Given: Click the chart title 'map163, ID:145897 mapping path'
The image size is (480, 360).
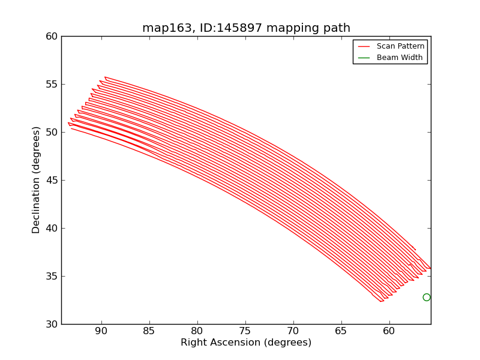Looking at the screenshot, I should [246, 28].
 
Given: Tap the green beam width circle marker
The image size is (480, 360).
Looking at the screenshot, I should [427, 297].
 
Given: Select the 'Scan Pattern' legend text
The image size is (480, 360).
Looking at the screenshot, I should [400, 46].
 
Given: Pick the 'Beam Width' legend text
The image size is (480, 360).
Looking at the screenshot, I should [400, 58].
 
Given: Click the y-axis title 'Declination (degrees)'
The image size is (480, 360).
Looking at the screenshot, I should [37, 180].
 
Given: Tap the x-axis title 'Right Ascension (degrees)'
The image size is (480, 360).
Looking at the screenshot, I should [246, 343].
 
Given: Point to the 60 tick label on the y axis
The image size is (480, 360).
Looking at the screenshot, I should [52, 36].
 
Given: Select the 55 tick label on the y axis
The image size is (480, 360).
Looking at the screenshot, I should [52, 84].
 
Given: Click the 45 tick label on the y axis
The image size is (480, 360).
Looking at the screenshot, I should [52, 180].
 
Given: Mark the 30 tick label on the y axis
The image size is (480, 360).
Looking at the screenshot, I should [52, 324].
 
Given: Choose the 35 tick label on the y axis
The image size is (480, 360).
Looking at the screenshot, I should [52, 276].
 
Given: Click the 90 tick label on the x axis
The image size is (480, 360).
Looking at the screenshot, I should [101, 331].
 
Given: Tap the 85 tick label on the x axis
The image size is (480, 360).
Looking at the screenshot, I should [149, 331].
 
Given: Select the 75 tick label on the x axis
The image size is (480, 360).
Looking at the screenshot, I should [245, 331].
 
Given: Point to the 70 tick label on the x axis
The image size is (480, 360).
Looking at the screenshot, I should [293, 331].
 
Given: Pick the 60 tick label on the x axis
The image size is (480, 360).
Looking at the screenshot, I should [389, 331].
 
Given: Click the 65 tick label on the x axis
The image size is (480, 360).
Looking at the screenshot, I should [341, 331].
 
